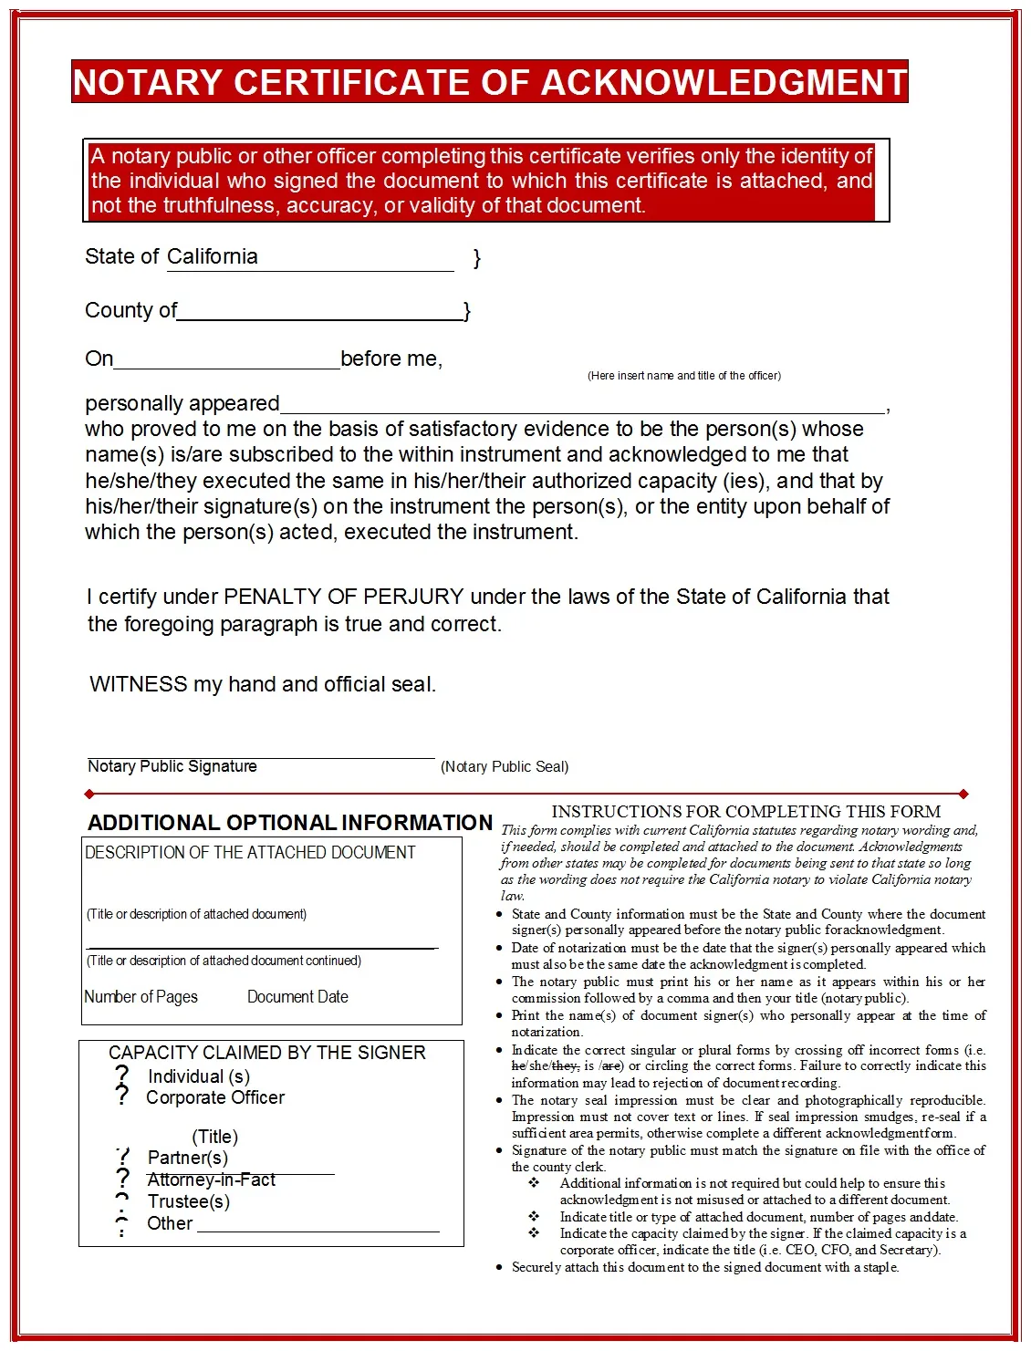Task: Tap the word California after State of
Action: point(212,257)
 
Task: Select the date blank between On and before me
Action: point(226,361)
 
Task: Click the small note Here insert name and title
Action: point(683,376)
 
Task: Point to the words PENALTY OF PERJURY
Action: point(344,598)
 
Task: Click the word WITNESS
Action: point(138,685)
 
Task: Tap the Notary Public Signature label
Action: point(172,767)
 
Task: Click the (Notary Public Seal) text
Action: point(505,767)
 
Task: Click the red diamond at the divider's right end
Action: point(963,795)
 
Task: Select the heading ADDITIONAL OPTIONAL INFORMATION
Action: point(289,823)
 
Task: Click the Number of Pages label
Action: point(141,997)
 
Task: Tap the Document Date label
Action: point(297,997)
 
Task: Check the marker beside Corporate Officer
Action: point(122,1096)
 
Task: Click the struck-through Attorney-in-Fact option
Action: point(211,1180)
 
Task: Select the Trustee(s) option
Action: point(188,1202)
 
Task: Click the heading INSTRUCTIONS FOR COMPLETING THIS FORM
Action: point(745,812)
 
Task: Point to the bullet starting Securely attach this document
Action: point(704,1267)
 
